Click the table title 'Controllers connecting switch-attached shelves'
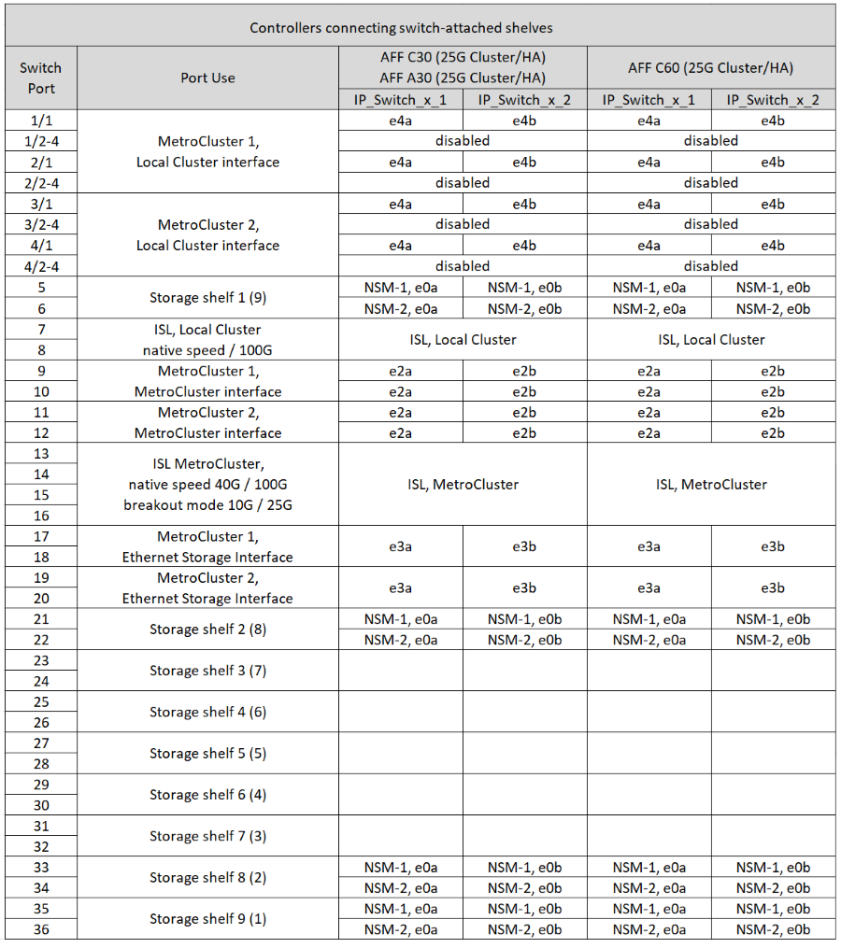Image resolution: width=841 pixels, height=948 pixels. pyautogui.click(x=420, y=27)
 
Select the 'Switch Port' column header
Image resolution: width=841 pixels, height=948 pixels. pyautogui.click(x=40, y=78)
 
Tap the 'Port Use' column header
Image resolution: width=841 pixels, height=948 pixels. pyautogui.click(x=207, y=78)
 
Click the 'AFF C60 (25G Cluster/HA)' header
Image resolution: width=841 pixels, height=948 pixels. pyautogui.click(x=711, y=68)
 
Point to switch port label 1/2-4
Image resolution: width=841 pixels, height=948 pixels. pyautogui.click(x=40, y=141)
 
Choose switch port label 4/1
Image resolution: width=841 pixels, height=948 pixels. pyautogui.click(x=40, y=246)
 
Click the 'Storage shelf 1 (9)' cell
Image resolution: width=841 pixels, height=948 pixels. pyautogui.click(x=207, y=298)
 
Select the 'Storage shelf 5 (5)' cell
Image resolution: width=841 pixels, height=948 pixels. pyautogui.click(x=207, y=753)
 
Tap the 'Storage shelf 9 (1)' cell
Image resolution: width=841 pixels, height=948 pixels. pyautogui.click(x=207, y=919)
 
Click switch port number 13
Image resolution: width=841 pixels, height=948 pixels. pyautogui.click(x=40, y=454)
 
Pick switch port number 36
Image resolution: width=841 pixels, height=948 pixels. pyautogui.click(x=40, y=929)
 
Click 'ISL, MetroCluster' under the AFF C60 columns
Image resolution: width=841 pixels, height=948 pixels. pyautogui.click(x=711, y=485)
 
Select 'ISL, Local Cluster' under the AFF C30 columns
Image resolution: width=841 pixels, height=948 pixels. pyautogui.click(x=463, y=340)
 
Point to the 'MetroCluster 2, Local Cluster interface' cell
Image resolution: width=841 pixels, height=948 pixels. pyautogui.click(x=207, y=235)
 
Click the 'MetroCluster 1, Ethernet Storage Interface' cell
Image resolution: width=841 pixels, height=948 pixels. pyautogui.click(x=207, y=547)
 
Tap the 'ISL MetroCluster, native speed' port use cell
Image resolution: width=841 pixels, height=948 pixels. pyautogui.click(x=207, y=485)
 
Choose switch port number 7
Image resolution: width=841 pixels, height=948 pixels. pyautogui.click(x=40, y=330)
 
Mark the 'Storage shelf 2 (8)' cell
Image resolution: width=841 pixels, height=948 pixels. pyautogui.click(x=207, y=630)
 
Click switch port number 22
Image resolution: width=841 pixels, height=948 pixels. pyautogui.click(x=40, y=640)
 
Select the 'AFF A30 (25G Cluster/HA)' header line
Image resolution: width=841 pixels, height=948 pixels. pyautogui.click(x=463, y=78)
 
